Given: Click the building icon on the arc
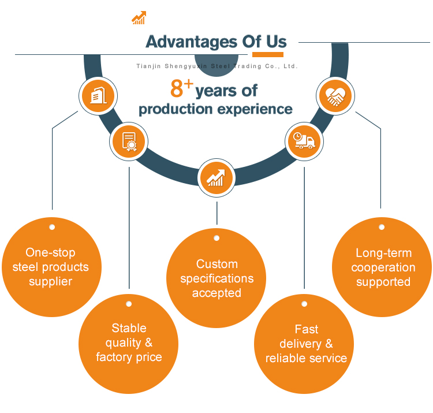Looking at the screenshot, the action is (x=98, y=95).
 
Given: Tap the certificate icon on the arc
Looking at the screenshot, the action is (x=129, y=142).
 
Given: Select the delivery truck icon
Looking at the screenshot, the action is (x=304, y=140).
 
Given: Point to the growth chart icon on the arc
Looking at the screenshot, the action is (x=216, y=178).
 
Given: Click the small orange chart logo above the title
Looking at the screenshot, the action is (x=139, y=18).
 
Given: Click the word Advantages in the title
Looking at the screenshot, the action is (x=191, y=42).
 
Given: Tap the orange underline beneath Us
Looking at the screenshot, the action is (x=267, y=54).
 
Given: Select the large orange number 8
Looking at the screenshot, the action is (x=177, y=88).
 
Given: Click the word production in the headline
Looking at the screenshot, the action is (x=176, y=110).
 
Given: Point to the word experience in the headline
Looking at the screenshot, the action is (x=255, y=110).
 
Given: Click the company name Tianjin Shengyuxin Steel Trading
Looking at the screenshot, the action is (x=199, y=66).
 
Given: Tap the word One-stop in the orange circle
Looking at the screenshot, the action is (x=51, y=252).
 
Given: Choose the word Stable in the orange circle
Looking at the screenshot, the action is (x=129, y=328).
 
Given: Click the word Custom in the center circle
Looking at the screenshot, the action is (x=217, y=264).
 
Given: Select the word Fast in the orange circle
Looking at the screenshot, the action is (x=307, y=329).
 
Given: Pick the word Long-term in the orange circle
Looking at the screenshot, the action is (x=383, y=254).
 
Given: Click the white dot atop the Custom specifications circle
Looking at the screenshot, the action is (x=216, y=238).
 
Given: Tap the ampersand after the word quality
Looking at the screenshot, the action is (x=148, y=343).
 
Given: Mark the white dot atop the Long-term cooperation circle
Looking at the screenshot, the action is (x=382, y=227).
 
